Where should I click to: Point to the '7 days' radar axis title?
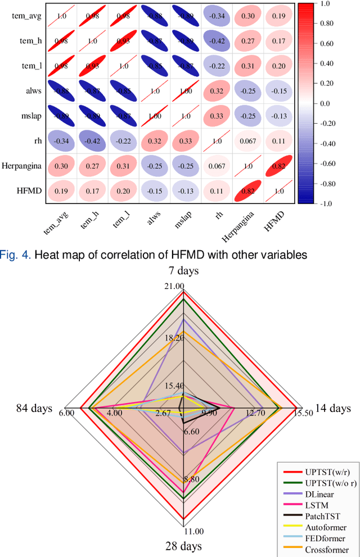point(183,271)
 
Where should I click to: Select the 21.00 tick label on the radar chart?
point(174,287)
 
